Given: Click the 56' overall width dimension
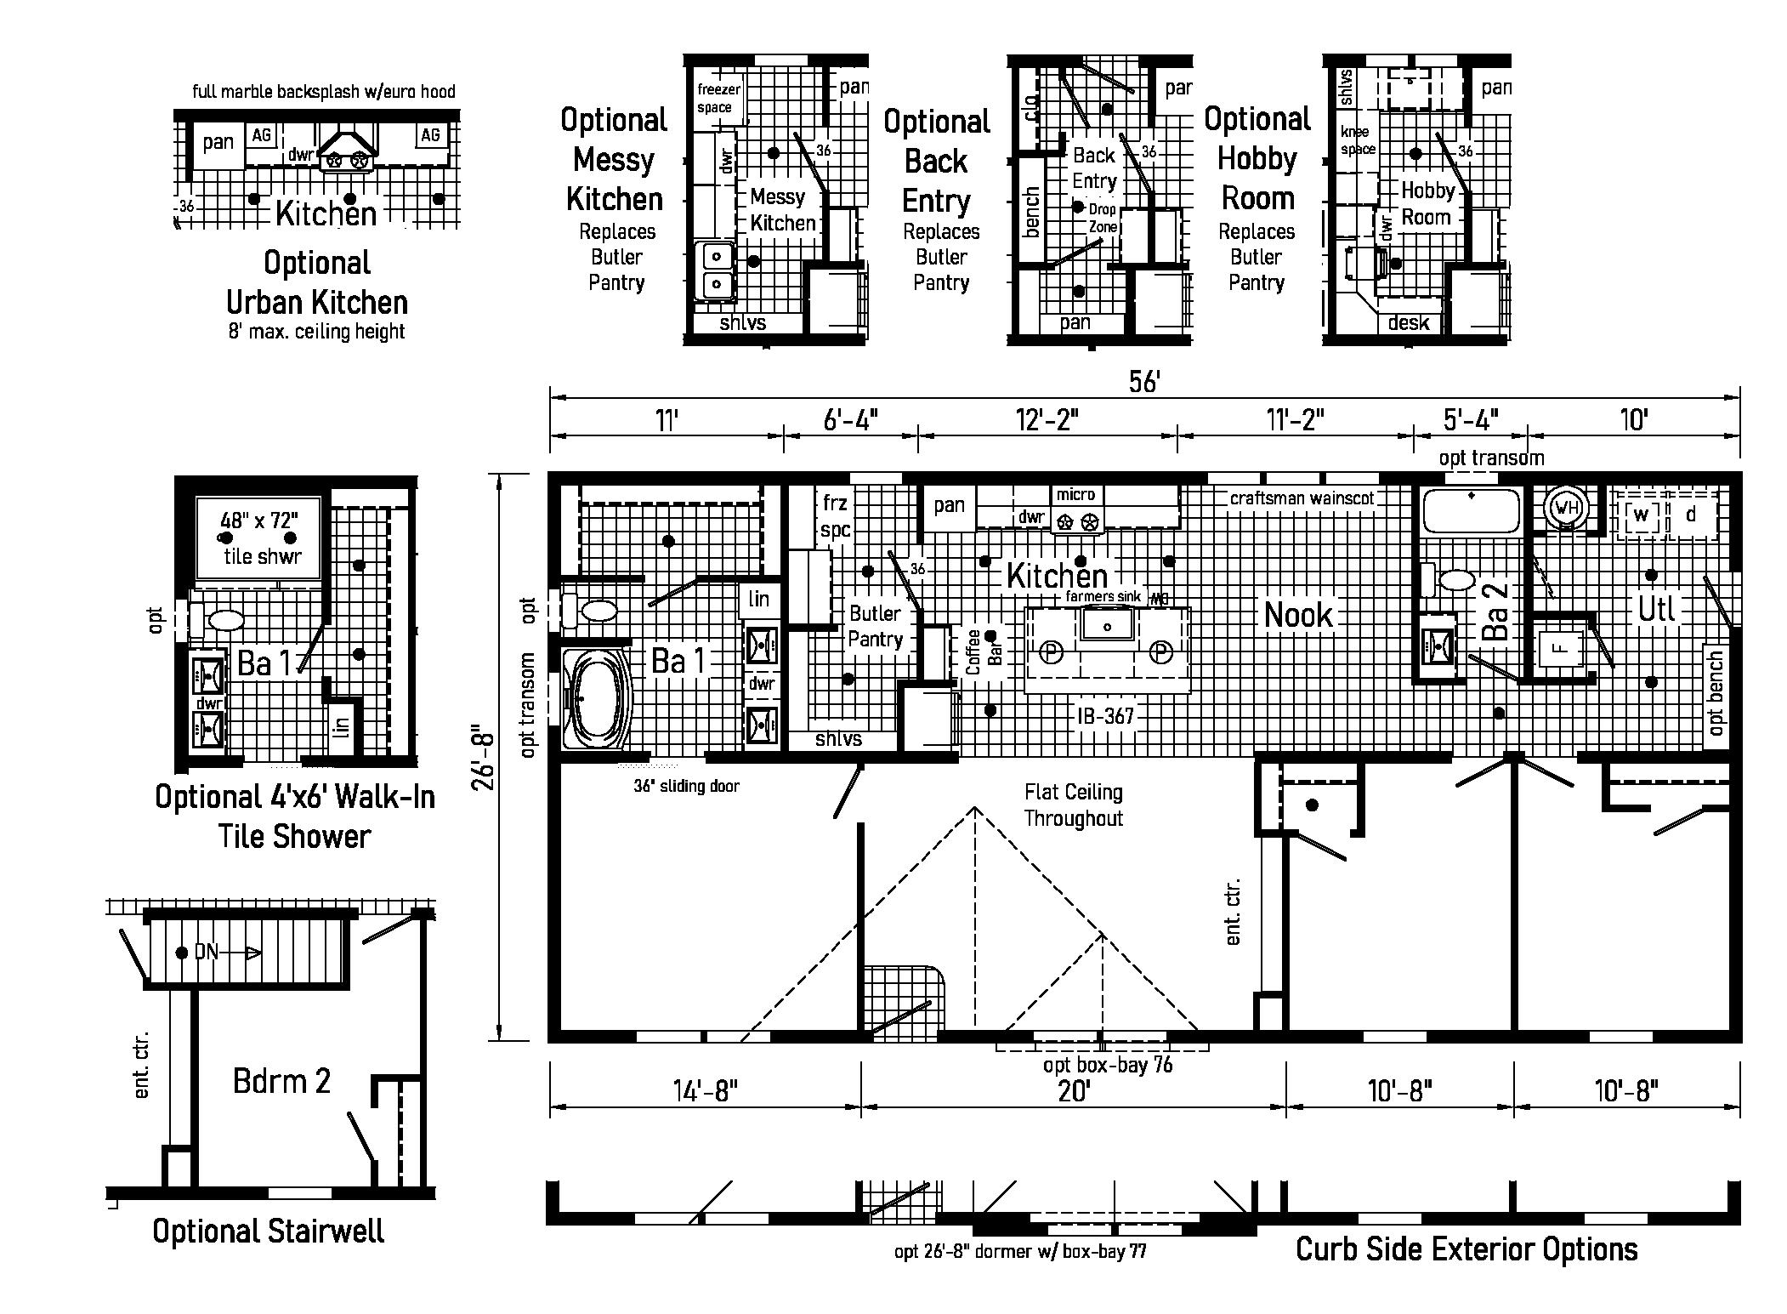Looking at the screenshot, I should pyautogui.click(x=1144, y=382).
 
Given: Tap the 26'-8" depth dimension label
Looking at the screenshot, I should pyautogui.click(x=483, y=757).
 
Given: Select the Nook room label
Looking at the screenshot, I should pyautogui.click(x=1298, y=614).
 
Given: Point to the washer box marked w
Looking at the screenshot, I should pyautogui.click(x=1640, y=515).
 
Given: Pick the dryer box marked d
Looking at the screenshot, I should pyautogui.click(x=1691, y=514).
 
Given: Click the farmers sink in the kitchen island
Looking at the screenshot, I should pyautogui.click(x=1107, y=627).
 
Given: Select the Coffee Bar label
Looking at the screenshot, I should pyautogui.click(x=984, y=651).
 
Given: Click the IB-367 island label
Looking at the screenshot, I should pyautogui.click(x=1105, y=716).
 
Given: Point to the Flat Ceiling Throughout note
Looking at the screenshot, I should pyautogui.click(x=1073, y=805).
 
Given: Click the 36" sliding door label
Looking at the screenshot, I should pyautogui.click(x=686, y=787).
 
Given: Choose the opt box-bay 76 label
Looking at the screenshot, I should pyautogui.click(x=1108, y=1064).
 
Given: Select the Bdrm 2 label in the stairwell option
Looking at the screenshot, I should pyautogui.click(x=281, y=1081).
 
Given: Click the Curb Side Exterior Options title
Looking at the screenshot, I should pyautogui.click(x=1466, y=1249).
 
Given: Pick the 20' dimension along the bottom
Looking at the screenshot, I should pyautogui.click(x=1073, y=1090).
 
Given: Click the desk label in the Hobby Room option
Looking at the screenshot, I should pyautogui.click(x=1408, y=323).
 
